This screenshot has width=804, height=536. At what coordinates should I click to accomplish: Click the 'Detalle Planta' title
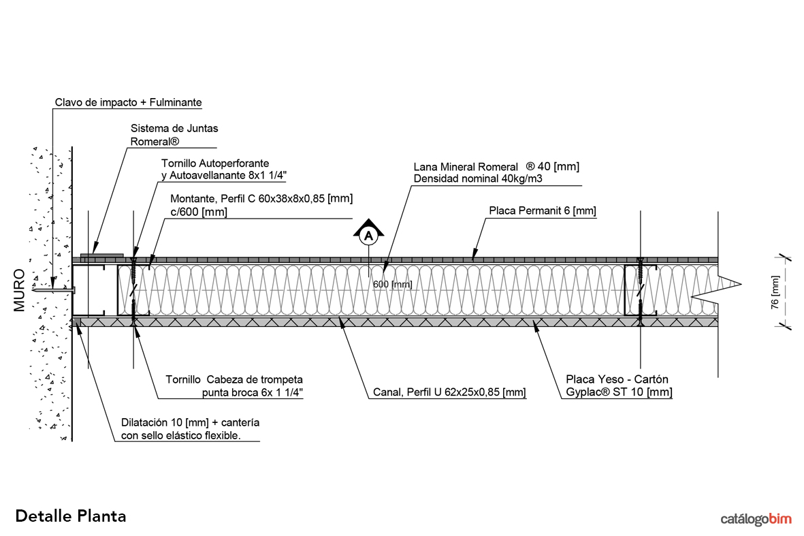click(x=71, y=516)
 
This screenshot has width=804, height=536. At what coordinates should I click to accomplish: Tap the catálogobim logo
click(x=756, y=520)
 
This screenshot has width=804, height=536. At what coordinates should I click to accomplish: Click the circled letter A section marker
click(x=368, y=236)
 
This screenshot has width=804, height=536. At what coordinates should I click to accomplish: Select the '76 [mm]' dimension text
click(x=774, y=292)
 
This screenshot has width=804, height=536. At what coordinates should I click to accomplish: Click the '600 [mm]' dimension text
click(x=393, y=284)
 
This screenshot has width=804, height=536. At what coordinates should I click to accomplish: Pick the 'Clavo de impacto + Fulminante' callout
click(x=129, y=103)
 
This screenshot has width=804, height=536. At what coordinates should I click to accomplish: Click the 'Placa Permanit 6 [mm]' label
click(x=543, y=211)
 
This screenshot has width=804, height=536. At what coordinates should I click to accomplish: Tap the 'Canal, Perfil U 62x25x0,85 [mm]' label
click(x=449, y=392)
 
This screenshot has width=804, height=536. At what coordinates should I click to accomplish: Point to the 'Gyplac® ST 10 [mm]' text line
click(x=619, y=392)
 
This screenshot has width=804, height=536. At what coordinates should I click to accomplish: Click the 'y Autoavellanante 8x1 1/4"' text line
click(x=224, y=176)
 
